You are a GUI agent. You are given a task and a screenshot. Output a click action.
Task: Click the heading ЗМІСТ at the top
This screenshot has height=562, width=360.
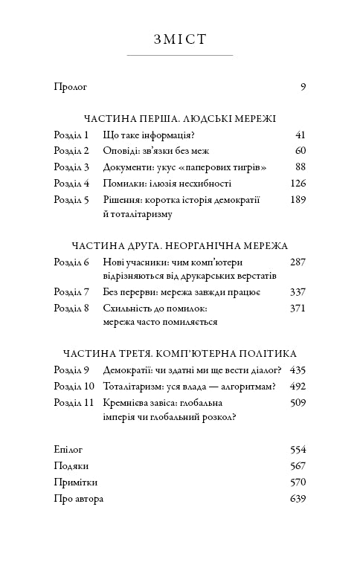179,39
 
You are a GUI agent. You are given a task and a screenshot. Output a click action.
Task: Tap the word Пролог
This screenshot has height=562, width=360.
71,87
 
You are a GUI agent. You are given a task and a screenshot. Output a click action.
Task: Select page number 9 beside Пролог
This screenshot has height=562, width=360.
303,87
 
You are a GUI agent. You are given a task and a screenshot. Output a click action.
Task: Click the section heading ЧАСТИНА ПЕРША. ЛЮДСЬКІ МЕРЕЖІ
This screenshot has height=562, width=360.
180,118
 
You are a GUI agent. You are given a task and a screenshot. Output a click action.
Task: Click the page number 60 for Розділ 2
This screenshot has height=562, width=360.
300,151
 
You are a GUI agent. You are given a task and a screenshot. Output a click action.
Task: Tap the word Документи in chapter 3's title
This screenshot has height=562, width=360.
125,167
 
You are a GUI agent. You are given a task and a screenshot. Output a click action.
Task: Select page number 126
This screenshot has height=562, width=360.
298,183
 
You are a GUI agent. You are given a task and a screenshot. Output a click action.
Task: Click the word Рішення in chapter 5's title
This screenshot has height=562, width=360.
120,199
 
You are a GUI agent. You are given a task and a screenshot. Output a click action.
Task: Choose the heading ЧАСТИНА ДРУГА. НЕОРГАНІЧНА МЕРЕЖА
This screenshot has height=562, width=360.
180,246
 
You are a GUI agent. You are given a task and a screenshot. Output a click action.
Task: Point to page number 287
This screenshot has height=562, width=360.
298,262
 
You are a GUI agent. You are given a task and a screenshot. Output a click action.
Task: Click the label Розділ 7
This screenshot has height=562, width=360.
71,291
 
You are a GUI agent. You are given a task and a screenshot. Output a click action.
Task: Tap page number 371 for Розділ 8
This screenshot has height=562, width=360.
298,308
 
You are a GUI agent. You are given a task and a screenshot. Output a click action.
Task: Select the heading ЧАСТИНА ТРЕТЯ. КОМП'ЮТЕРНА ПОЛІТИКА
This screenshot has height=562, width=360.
180,354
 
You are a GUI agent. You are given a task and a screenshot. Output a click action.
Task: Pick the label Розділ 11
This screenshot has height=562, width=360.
74,402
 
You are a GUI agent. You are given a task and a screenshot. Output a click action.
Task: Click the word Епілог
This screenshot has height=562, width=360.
68,450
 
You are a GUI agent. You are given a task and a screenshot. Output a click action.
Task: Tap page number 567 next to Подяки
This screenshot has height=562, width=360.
298,466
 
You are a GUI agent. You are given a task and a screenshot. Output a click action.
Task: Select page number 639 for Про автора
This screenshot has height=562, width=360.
298,498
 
